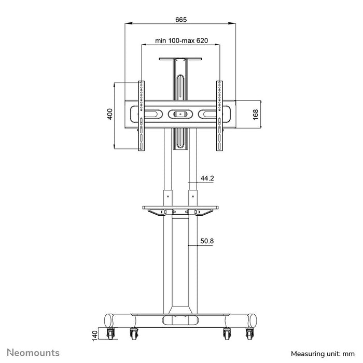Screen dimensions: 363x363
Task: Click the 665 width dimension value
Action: click(x=180, y=19)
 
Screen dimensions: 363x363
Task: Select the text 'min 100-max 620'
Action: click(x=180, y=40)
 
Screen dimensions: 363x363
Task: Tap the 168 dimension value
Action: click(x=256, y=115)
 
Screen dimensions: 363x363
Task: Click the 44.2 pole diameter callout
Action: click(x=207, y=178)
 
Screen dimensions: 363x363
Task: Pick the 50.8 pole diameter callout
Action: click(x=207, y=241)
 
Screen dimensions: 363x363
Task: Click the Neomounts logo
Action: click(x=33, y=353)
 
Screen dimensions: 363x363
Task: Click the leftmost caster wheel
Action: click(x=111, y=334)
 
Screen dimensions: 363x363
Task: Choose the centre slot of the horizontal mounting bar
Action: click(x=180, y=114)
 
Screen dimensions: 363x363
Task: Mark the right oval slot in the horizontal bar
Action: click(x=208, y=114)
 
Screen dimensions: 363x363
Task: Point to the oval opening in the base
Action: click(x=180, y=320)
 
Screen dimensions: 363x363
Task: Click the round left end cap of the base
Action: click(x=109, y=320)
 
